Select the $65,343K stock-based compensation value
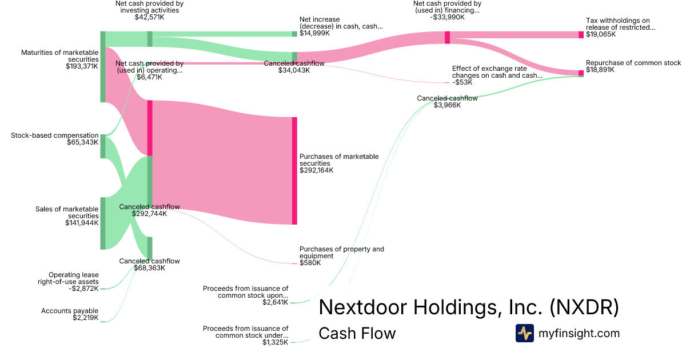82,142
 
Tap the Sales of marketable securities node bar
103,223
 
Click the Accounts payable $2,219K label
70,314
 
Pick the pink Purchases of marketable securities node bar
294,170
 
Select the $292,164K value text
317,170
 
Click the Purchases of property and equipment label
342,253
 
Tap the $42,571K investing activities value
149,17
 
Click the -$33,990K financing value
446,17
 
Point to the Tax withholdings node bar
581,35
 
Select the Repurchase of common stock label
633,63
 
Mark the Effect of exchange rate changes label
497,71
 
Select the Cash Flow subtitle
357,334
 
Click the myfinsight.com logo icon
524,333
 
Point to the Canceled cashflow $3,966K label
447,102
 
